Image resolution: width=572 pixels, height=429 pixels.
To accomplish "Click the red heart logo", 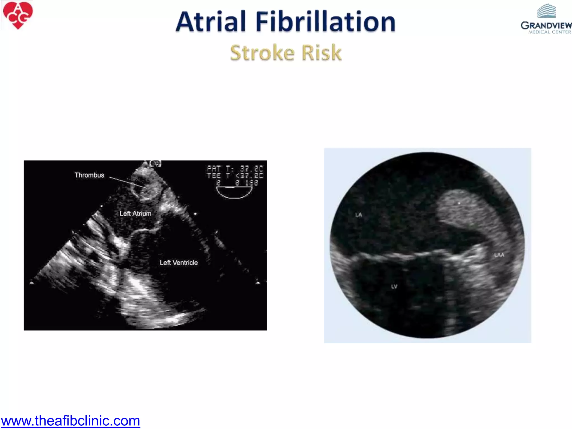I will pos(18,15).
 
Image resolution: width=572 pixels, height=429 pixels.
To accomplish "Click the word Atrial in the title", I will pos(211,22).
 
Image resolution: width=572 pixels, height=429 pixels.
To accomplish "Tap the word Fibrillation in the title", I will pos(325,22).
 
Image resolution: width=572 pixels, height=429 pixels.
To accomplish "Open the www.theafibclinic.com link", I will pos(70,421).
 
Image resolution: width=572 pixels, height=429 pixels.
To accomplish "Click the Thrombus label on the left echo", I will pos(89,175).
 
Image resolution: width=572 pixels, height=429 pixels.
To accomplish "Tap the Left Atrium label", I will pos(135,214).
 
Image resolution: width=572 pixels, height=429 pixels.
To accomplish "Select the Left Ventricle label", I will pos(179,263).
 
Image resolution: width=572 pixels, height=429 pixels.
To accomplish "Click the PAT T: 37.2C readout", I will pos(235,169).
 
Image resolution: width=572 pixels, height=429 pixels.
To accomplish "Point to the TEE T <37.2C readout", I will pos(235,176).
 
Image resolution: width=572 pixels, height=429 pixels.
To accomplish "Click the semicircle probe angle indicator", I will pos(234,192).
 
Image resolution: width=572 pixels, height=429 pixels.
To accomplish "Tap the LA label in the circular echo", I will pos(359,215).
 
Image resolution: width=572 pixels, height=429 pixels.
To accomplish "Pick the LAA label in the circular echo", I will pos(499,255).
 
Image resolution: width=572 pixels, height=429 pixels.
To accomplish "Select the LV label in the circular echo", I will pos(394,287).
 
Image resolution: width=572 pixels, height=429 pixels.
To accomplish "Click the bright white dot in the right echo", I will pos(459,203).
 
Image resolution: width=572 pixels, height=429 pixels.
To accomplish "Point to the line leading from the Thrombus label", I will pos(127,182).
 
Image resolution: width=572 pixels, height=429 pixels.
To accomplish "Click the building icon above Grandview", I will pos(547,11).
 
